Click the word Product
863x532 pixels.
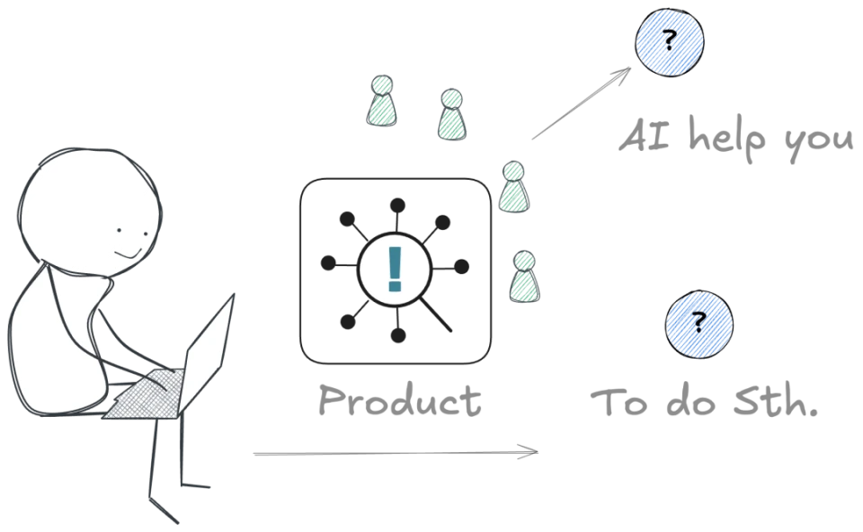[400, 400]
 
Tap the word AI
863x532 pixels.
[645, 135]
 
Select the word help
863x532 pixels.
[726, 138]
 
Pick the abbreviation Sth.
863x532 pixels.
[775, 400]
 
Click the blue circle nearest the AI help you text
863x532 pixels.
[669, 42]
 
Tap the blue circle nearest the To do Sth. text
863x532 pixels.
[699, 324]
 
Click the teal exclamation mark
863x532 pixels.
[395, 269]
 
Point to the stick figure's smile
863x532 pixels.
[129, 254]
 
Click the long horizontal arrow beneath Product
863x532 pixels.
[396, 453]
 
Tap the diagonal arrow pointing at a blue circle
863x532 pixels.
[582, 102]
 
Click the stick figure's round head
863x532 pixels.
[91, 212]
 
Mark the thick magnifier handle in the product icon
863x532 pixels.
[435, 315]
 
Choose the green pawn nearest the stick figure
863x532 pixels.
[381, 102]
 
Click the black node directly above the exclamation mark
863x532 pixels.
[398, 206]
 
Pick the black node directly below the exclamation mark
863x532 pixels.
[398, 335]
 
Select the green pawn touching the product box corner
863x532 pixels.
[514, 187]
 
